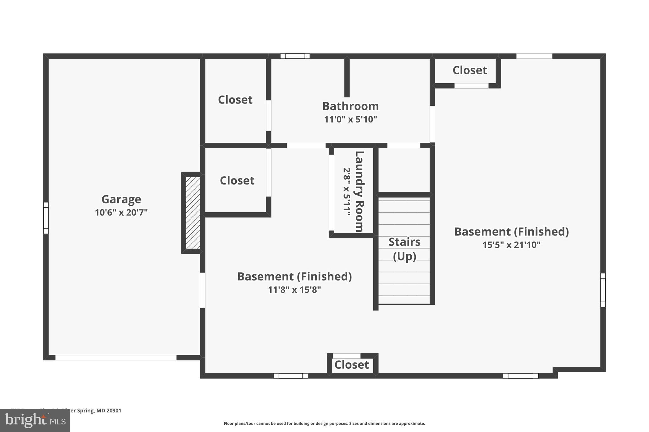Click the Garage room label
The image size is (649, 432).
click(x=121, y=199)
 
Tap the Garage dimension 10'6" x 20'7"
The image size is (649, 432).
click(x=121, y=213)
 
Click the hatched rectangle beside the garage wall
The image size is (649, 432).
click(x=193, y=213)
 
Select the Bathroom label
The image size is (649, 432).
click(x=350, y=106)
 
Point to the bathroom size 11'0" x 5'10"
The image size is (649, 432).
click(x=350, y=120)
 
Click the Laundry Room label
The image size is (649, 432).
click(x=359, y=191)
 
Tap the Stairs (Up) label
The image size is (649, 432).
click(x=404, y=249)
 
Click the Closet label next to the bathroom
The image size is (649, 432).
click(x=235, y=100)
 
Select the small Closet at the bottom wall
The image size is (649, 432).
click(x=351, y=365)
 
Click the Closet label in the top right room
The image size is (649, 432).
click(x=469, y=70)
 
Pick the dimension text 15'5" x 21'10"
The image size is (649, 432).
click(x=511, y=245)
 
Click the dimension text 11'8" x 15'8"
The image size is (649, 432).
click(x=294, y=290)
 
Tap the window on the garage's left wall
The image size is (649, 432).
click(x=46, y=218)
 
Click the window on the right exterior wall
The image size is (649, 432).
click(x=603, y=290)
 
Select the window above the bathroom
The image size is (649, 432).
click(x=295, y=56)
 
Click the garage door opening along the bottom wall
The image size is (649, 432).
click(x=116, y=358)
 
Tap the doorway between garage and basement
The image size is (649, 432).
click(x=202, y=290)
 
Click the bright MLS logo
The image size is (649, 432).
click(x=35, y=421)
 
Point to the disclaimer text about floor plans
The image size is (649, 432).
click(x=324, y=423)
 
